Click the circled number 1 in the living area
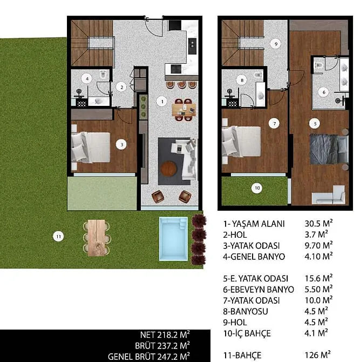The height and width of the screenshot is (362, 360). click(162, 102)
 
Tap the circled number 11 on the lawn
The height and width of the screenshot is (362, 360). click(58, 237)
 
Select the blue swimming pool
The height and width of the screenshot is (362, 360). click(173, 239)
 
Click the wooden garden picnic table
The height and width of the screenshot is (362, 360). click(97, 238)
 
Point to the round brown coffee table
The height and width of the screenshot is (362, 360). click(169, 169)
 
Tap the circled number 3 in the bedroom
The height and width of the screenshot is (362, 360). click(121, 145)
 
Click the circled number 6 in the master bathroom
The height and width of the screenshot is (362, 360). click(323, 92)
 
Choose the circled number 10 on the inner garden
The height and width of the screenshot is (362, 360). click(257, 188)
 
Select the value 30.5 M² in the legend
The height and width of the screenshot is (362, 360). click(318, 224)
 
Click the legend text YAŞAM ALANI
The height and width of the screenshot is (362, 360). click(259, 224)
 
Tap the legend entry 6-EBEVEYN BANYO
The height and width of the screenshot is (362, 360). click(259, 290)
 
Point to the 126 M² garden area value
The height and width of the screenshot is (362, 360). click(318, 354)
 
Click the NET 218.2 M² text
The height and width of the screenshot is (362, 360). click(165, 334)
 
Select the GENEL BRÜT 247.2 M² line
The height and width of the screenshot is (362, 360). click(149, 357)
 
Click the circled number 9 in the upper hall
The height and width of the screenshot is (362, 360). click(276, 44)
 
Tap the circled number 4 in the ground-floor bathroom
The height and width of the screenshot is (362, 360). click(87, 79)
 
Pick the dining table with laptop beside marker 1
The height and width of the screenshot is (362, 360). click(184, 110)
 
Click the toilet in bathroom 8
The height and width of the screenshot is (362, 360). click(258, 75)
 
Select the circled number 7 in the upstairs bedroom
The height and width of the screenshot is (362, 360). click(274, 124)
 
